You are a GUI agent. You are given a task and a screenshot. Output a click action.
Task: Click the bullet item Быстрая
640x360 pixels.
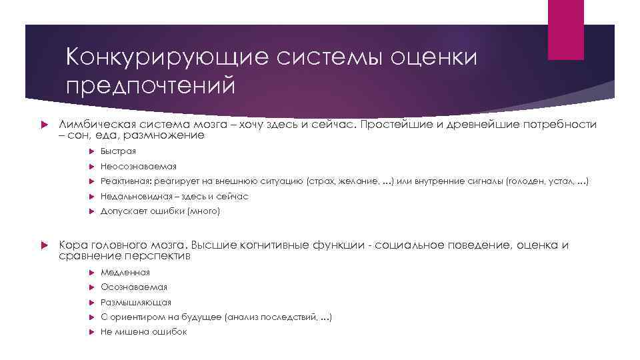pos(119,151)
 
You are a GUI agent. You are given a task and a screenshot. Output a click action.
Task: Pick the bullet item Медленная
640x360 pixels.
pos(125,272)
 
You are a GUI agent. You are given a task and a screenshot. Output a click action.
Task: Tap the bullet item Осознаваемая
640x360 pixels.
pos(134,287)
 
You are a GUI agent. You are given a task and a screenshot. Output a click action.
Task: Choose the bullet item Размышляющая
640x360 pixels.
pos(136,302)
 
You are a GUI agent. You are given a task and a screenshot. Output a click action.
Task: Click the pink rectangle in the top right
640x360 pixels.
pos(565,29)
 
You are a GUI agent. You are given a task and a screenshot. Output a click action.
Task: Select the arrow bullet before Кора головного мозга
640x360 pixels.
pos(43,245)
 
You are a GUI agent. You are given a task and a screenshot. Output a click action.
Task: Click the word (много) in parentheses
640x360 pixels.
pos(204,211)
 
